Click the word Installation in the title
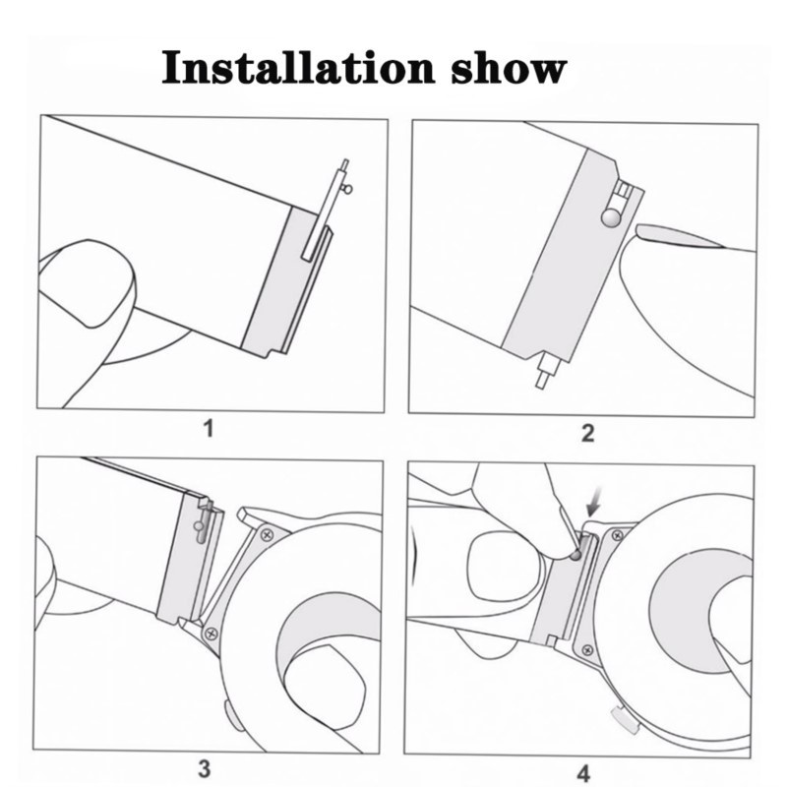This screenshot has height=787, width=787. tap(298, 67)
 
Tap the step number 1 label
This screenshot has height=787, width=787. tap(209, 429)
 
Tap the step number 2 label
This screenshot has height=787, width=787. tap(587, 433)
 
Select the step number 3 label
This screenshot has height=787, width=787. tap(204, 768)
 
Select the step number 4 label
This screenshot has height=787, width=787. tap(583, 773)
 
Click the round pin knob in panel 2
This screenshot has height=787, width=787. tap(611, 216)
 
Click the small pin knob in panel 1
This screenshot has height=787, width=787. tap(347, 189)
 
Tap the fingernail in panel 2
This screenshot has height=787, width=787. tap(679, 236)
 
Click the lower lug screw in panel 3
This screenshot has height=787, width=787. tap(212, 634)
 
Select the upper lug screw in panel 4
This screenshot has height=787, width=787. tap(618, 536)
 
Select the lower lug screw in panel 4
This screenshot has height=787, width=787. tap(587, 651)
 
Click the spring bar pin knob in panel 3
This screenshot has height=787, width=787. tap(200, 526)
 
